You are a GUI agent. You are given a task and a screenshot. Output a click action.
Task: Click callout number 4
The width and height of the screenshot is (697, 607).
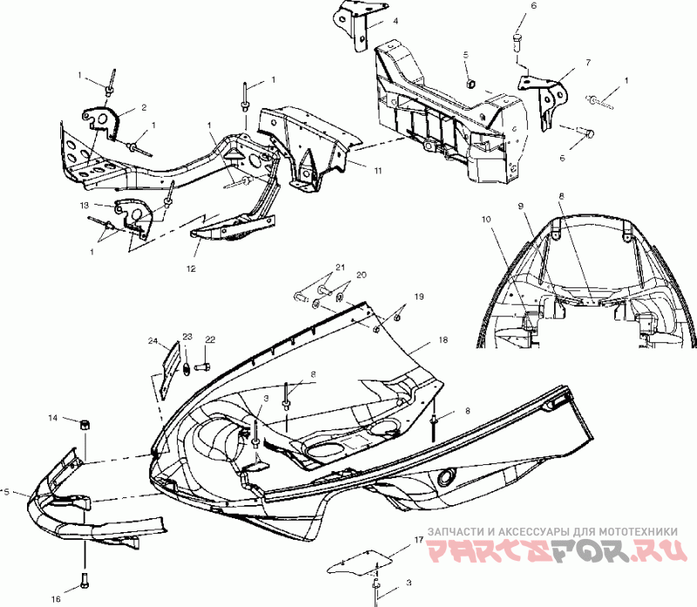396,20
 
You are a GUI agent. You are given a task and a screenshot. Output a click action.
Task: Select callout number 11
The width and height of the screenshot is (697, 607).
378,171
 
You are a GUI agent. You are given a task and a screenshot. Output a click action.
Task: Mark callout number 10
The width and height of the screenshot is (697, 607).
486,219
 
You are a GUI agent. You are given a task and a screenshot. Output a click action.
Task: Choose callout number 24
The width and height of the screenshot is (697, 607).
152,341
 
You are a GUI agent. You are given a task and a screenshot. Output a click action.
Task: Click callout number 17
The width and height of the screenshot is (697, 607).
419,541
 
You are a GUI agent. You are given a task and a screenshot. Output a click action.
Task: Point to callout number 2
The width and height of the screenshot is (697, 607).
144,109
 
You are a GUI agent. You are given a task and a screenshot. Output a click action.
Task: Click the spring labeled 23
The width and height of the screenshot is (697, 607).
186,369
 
